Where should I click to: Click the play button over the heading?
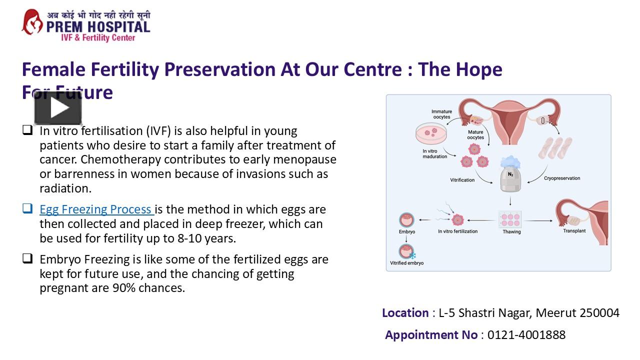click(58, 108)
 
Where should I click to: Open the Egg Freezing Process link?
click(95, 209)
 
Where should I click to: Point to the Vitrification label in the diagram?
click(462, 180)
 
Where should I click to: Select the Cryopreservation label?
click(562, 178)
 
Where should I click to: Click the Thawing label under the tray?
click(511, 231)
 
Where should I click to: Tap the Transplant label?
click(574, 231)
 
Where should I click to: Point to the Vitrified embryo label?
click(406, 263)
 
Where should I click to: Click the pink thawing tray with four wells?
click(510, 218)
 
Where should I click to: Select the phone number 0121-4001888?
click(526, 335)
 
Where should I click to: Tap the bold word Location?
click(405, 313)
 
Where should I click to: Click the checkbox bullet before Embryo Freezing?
click(27, 258)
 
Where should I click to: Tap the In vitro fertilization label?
click(457, 231)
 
